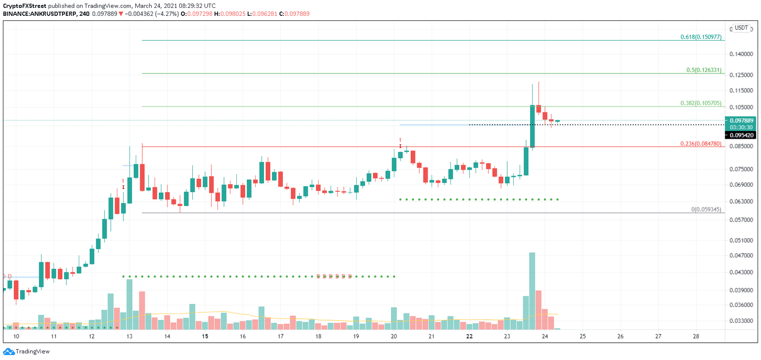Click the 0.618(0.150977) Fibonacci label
702,37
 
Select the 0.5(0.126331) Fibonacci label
705,70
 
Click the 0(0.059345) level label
707,209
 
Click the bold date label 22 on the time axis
469,336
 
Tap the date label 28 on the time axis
696,336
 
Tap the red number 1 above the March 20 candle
400,140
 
